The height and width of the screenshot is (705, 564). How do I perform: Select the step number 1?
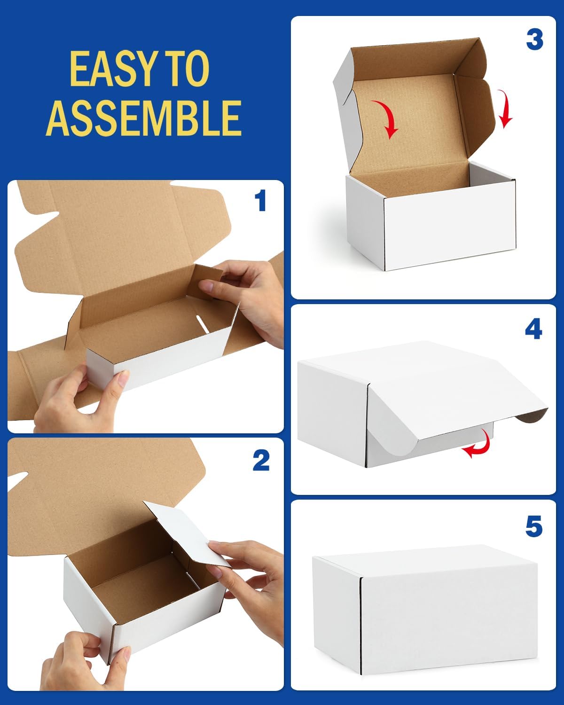(260, 201)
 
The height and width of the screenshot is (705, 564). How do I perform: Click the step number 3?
(534, 39)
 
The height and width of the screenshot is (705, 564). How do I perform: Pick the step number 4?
(533, 330)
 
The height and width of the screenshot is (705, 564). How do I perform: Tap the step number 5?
(533, 526)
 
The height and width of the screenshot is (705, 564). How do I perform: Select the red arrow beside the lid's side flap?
(506, 110)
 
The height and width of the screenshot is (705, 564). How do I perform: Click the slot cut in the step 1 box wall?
(202, 324)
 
